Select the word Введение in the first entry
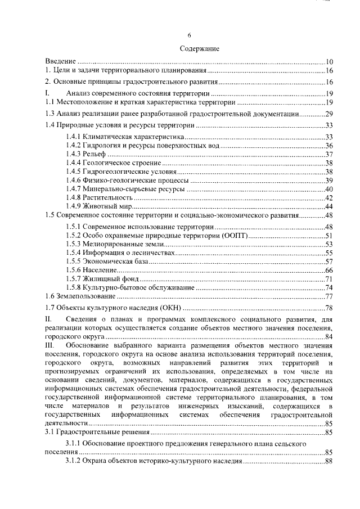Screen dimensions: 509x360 point(60,61)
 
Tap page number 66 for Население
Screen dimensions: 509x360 point(330,271)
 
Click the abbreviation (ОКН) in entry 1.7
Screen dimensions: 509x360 point(170,308)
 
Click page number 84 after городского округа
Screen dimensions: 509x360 point(330,336)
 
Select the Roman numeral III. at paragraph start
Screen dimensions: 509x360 point(49,345)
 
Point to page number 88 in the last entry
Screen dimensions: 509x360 point(330,461)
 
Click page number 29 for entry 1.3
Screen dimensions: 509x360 point(330,113)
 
